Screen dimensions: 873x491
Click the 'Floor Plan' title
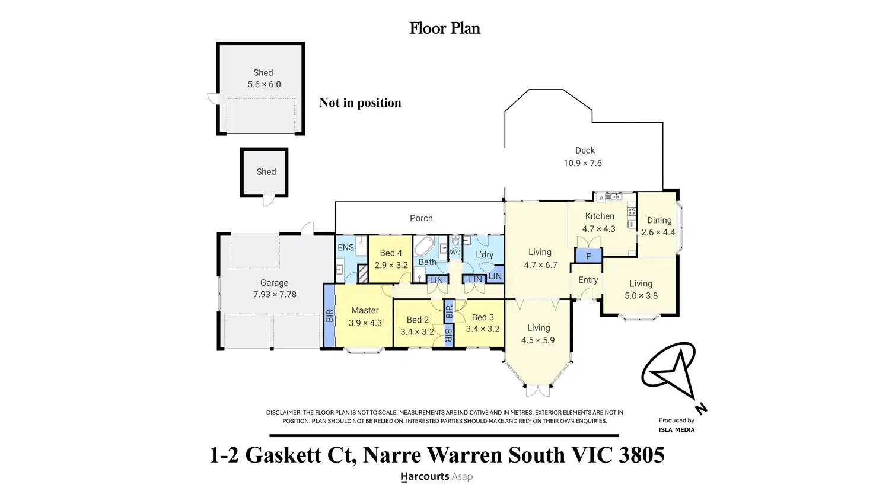[444, 28]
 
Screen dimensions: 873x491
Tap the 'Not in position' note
[360, 103]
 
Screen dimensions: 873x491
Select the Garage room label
[274, 283]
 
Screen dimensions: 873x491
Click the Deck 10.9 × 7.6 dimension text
[582, 163]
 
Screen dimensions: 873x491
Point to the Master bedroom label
[365, 310]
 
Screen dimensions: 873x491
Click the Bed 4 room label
[391, 253]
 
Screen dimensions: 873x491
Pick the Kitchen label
[600, 216]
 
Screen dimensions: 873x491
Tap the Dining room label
[659, 220]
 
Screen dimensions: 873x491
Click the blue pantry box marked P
[588, 256]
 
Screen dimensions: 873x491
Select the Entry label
[588, 280]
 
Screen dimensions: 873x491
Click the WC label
[455, 252]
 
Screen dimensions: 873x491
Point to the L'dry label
[484, 254]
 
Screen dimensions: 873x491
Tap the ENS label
[345, 247]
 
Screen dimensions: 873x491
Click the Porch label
[421, 218]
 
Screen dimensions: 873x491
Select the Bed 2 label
[418, 320]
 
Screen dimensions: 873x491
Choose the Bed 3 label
[483, 317]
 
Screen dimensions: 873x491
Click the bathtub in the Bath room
[424, 246]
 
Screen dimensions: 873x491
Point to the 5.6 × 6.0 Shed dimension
[264, 84]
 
